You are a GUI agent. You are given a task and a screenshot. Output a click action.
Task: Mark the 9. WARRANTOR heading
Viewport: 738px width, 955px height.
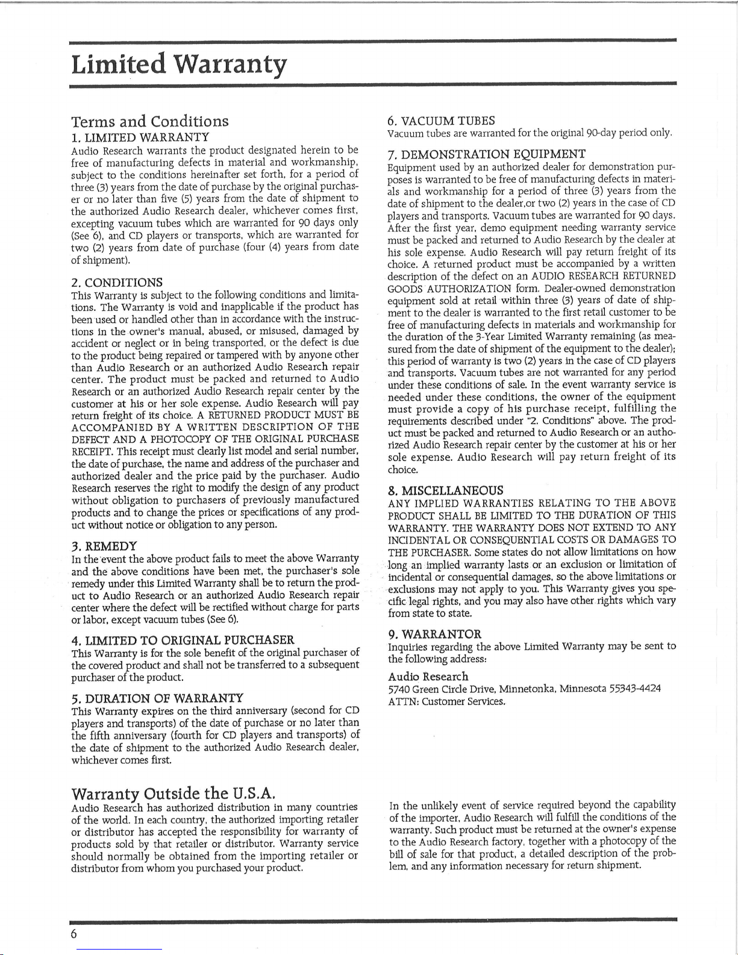(434, 634)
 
